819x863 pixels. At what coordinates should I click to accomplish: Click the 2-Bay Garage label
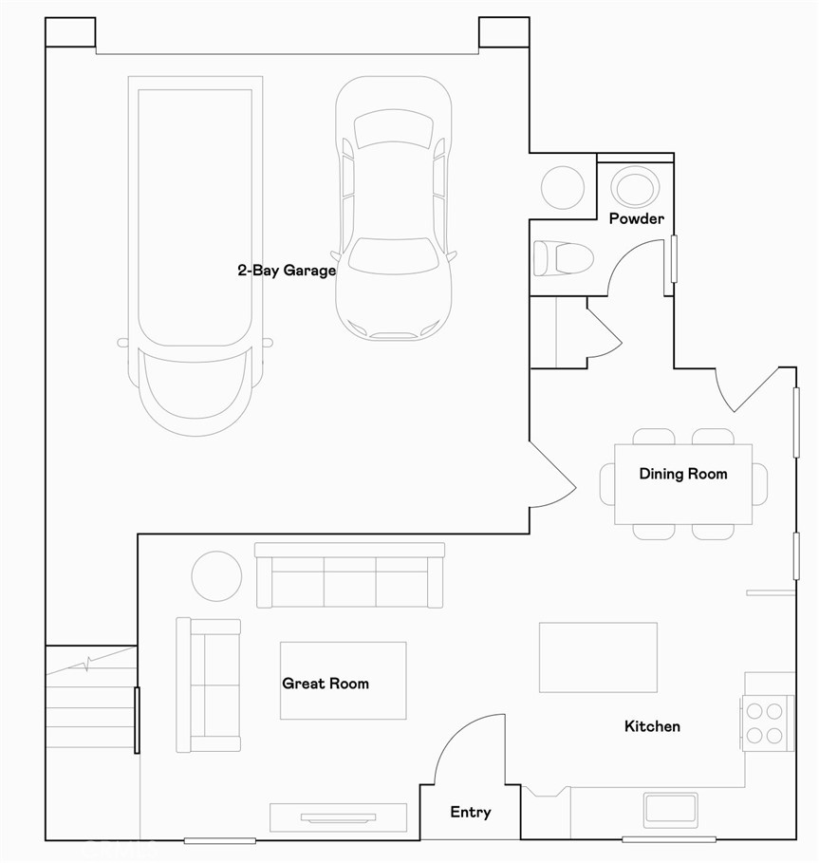point(286,271)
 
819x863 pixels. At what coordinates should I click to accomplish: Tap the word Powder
point(636,218)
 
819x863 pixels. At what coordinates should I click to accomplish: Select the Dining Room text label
point(682,474)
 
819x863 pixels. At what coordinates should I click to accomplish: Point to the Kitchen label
point(652,726)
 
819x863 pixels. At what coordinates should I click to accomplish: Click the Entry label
point(470,812)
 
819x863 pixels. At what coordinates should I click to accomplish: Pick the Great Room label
point(326,683)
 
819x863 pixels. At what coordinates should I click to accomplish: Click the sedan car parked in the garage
point(393,209)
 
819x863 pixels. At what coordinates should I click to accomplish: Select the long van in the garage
point(195,247)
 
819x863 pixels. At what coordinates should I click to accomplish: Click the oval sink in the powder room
point(635,186)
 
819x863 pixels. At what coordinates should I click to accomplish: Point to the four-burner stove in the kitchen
point(765,722)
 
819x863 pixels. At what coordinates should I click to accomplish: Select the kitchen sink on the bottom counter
point(670,809)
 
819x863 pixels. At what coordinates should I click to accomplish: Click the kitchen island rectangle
point(598,657)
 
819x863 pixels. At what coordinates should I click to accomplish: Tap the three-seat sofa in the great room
point(350,576)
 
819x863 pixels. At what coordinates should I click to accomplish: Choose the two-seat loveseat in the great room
point(209,685)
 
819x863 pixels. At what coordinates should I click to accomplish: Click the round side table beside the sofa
point(217,575)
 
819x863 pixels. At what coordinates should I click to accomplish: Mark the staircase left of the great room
point(90,703)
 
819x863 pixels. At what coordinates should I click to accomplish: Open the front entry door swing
point(465,750)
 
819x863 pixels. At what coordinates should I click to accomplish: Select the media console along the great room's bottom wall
point(338,817)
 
